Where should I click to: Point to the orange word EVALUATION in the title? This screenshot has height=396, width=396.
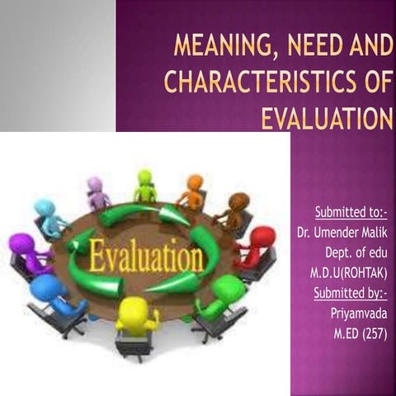click(x=326, y=119)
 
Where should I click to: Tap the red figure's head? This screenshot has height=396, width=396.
click(x=263, y=237)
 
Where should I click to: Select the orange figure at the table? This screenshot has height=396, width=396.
click(x=193, y=194)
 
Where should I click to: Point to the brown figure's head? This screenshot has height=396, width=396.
click(x=239, y=201)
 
